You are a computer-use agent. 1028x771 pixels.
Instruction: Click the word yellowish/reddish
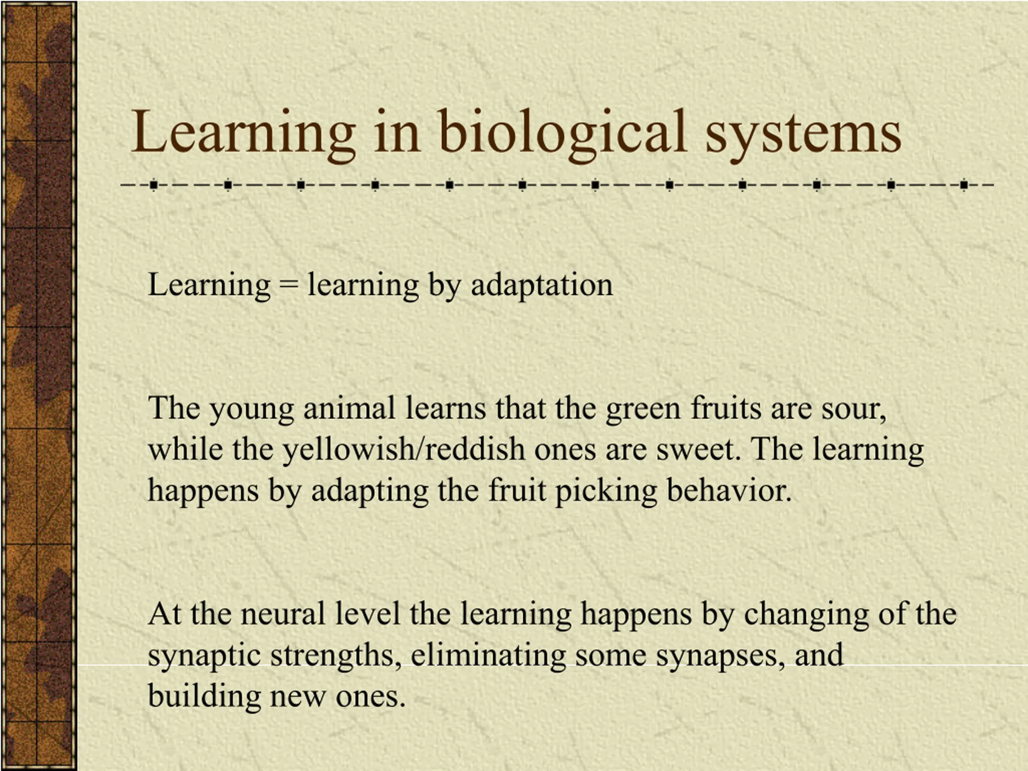(x=404, y=449)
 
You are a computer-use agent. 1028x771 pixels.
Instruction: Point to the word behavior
(x=729, y=490)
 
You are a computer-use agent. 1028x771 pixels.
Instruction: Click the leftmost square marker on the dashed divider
(x=154, y=186)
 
